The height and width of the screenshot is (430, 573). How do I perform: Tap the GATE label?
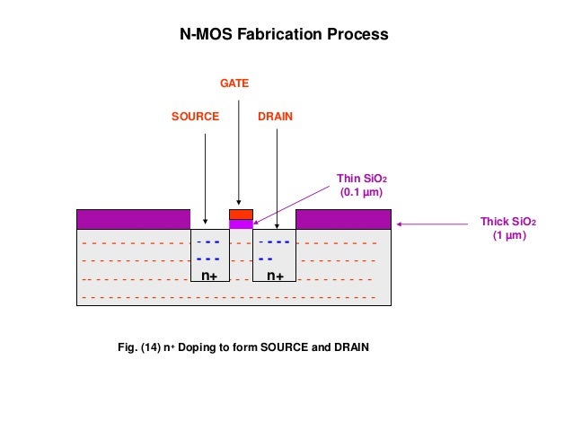tap(234, 83)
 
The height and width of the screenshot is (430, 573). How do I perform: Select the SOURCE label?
tap(195, 118)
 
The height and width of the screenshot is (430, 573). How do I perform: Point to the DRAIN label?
tap(275, 118)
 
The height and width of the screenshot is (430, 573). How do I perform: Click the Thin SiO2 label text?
tap(361, 179)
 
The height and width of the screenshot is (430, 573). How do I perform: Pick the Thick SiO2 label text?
tap(507, 222)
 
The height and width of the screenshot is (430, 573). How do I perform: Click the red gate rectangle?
tap(241, 215)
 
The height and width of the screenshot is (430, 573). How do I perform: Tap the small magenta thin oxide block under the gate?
tap(241, 224)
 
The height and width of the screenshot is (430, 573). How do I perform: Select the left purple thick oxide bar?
tap(134, 219)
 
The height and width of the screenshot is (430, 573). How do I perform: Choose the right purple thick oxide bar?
tap(343, 219)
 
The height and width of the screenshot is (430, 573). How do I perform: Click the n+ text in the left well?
tap(210, 276)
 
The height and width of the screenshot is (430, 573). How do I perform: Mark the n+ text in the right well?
tap(275, 276)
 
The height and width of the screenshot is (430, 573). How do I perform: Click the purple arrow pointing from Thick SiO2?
tap(437, 224)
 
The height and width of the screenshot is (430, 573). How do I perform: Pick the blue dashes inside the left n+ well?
tap(208, 250)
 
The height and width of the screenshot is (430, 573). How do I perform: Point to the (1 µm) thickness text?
tap(507, 235)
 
